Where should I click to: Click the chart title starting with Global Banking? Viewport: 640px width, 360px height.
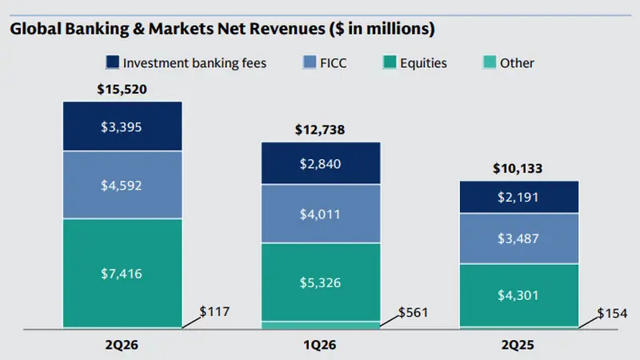[222, 29]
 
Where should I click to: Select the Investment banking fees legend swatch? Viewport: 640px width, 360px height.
[112, 62]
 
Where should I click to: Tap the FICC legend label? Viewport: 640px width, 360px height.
[334, 63]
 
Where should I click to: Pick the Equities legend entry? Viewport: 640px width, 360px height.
[414, 63]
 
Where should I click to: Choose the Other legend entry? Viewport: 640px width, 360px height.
[509, 63]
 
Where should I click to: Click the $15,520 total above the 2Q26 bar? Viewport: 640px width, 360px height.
[122, 90]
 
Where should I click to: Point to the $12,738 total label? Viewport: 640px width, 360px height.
[320, 130]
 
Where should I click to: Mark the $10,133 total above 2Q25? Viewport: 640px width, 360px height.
[518, 169]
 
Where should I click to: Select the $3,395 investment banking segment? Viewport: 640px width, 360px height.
[122, 126]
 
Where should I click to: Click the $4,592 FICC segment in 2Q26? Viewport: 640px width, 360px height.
[122, 186]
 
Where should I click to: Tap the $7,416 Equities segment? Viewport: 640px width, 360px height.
[122, 274]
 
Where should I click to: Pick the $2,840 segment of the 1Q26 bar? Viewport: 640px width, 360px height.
[321, 163]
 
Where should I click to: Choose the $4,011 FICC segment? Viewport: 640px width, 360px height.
[321, 214]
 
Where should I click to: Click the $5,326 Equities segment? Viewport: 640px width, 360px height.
[321, 282]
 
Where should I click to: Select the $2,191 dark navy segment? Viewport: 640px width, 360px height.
[519, 197]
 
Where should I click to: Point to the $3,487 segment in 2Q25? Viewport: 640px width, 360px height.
[519, 238]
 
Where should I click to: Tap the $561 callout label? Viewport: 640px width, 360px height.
[413, 313]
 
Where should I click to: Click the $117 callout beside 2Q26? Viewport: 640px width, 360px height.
[214, 312]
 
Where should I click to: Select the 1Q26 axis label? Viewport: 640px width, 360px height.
[320, 346]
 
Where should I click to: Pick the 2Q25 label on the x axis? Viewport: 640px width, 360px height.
[518, 346]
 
